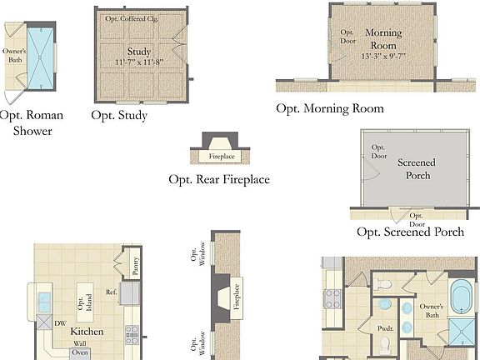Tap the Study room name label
click(139, 51)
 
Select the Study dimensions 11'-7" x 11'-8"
click(139, 62)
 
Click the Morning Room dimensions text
click(383, 56)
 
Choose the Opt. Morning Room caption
click(330, 108)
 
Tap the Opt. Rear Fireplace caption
click(219, 179)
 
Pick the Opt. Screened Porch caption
click(410, 232)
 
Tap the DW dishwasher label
click(59, 323)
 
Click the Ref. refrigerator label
click(110, 292)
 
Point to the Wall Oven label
click(80, 347)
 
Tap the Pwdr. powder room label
click(385, 327)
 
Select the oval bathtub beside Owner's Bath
click(461, 300)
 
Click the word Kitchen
click(86, 332)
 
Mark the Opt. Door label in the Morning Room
click(347, 36)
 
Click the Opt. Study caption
click(119, 115)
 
